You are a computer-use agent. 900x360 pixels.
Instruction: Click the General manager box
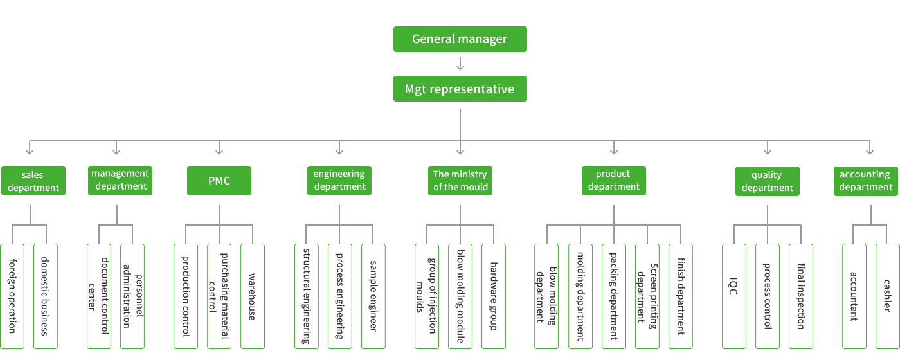pos(460,39)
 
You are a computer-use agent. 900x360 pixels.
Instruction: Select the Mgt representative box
pos(460,89)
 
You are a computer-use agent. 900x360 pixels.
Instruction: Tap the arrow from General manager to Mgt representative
pos(460,64)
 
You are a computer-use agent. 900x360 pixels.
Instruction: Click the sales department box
pos(33,181)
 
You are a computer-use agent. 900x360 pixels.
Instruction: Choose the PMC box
pos(219,181)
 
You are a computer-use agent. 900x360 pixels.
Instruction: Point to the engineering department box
pos(339,181)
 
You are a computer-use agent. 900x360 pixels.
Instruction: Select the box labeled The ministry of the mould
pos(460,181)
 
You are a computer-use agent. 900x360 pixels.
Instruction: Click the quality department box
pos(768,181)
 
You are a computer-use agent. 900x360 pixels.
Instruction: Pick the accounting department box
pos(865,181)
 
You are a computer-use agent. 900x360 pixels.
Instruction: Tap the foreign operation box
pos(13,296)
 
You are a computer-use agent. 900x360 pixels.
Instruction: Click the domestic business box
pos(45,296)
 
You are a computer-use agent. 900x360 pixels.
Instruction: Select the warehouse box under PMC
pos(253,296)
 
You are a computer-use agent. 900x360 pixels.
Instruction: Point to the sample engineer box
pos(373,296)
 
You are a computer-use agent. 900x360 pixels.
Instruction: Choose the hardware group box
pos(494,296)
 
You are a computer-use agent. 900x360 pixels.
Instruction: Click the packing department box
pos(614,296)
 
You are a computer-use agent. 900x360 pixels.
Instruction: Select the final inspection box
pos(801,296)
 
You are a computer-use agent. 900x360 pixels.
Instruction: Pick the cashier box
pos(887,296)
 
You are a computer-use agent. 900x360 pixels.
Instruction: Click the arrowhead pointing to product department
pos(614,151)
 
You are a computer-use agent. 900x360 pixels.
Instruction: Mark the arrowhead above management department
pos(116,151)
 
